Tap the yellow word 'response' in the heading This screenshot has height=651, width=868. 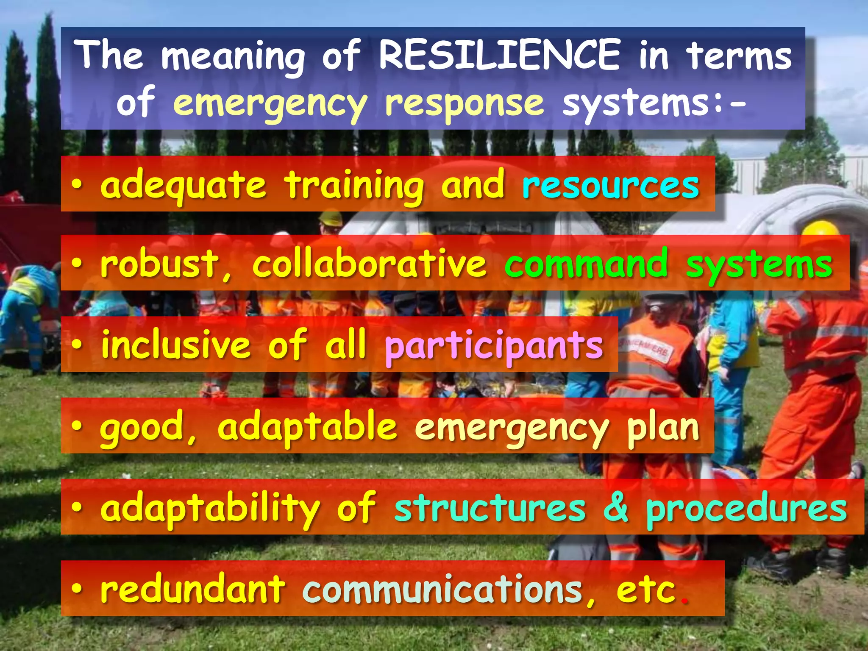coord(464,104)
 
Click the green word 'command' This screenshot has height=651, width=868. coord(586,264)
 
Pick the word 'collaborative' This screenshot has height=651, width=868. coord(369,264)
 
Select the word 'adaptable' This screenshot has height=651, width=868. coord(307,427)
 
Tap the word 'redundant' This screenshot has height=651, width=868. coord(193,589)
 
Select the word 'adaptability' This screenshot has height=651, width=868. coord(210,509)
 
